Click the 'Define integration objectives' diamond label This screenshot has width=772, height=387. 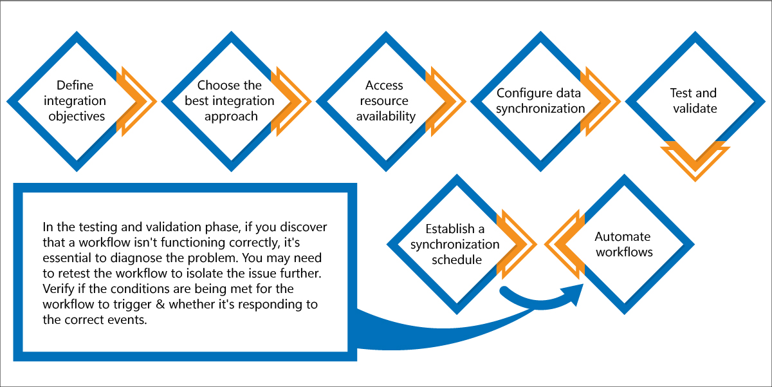coord(75,100)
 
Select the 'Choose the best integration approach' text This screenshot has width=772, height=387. coord(230,100)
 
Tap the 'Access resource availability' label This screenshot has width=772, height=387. coord(385,100)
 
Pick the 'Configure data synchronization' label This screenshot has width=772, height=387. coord(540,100)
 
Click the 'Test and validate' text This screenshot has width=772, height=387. coord(694,100)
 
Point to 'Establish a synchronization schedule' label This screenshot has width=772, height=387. coord(455,244)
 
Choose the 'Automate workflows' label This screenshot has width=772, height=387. coord(624,244)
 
